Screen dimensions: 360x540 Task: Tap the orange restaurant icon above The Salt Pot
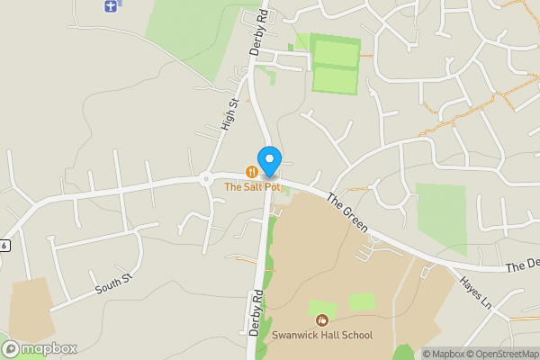click(252, 171)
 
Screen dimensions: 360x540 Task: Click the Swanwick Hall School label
click(322, 336)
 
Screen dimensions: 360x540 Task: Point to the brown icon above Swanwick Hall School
click(321, 320)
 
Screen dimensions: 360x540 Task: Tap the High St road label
click(229, 114)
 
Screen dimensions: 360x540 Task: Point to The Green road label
click(347, 212)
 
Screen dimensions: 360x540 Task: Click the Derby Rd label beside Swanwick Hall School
click(256, 312)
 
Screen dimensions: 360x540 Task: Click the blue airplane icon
click(111, 5)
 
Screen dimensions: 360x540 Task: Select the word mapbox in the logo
click(50, 348)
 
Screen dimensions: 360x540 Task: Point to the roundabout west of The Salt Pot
click(206, 179)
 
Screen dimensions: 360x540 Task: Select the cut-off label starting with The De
click(522, 266)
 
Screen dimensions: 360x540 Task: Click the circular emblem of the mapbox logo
click(11, 348)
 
